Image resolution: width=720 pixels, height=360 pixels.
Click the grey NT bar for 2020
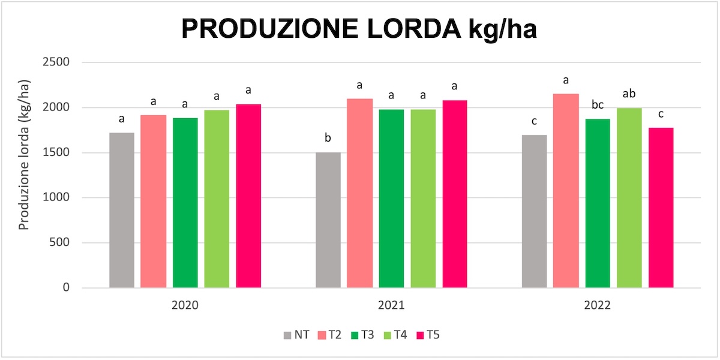click(122, 210)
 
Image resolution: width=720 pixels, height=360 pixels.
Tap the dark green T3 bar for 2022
click(598, 203)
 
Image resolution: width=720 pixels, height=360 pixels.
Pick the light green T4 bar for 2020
click(217, 199)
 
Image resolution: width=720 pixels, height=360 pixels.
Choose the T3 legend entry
click(361, 335)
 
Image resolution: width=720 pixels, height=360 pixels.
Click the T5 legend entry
click(427, 335)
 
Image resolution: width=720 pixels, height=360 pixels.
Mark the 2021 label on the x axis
click(391, 305)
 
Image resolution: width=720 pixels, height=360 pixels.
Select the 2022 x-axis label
click(598, 305)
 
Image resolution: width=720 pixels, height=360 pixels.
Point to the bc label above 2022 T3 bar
click(598, 106)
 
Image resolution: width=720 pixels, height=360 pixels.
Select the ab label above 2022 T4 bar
click(629, 94)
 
